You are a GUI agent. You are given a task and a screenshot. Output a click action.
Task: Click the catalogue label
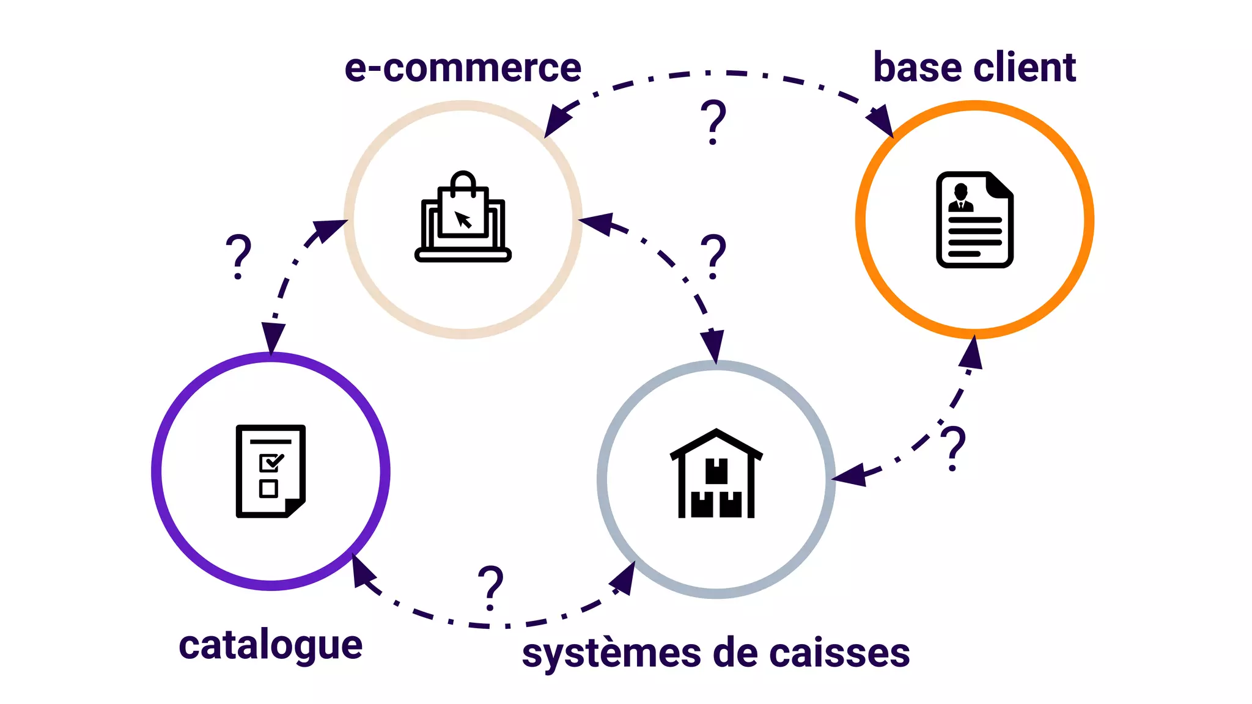[270, 645]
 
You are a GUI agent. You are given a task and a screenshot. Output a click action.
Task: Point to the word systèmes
[611, 653]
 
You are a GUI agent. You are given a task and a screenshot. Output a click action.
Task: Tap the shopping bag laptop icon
[463, 217]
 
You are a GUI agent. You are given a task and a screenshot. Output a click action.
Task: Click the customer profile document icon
[974, 219]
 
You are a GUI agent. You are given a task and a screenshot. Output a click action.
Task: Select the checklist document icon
[271, 471]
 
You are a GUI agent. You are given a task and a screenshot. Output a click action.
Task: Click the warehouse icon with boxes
[716, 474]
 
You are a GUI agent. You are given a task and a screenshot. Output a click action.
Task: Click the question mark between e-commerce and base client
[713, 122]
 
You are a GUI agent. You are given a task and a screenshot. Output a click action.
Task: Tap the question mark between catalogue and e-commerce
[238, 256]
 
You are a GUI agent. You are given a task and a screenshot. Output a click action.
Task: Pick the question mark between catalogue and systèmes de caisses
[490, 587]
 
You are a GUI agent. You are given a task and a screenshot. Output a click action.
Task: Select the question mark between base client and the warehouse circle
[953, 448]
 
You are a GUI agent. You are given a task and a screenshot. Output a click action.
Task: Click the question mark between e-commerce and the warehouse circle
[713, 256]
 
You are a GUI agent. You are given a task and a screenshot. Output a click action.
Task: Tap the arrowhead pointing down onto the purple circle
[272, 337]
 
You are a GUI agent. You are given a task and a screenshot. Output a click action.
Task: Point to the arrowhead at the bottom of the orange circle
[972, 354]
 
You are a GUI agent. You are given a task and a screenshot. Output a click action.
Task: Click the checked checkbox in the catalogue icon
[270, 462]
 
